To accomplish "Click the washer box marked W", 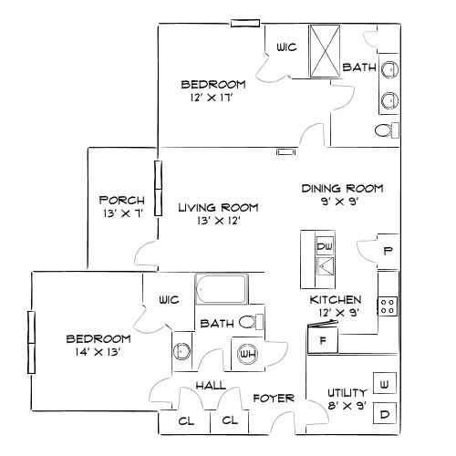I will pos(385,386).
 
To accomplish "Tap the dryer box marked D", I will pos(385,414).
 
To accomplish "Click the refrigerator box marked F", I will pos(322,341).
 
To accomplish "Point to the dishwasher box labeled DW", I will pos(324,246).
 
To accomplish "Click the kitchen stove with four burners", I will pos(388,306).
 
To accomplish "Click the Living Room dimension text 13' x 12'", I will pos(217,221).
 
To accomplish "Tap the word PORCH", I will pos(119,200).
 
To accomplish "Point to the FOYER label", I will pos(273,398).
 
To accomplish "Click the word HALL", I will pos(211,387).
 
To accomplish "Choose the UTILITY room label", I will pos(347,392).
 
